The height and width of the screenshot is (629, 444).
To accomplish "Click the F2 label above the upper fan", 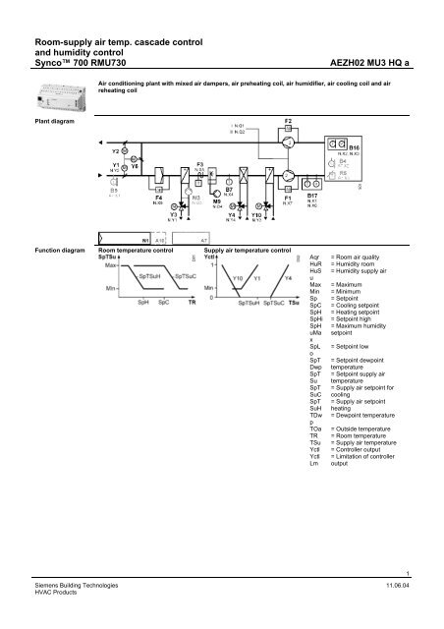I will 288,122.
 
